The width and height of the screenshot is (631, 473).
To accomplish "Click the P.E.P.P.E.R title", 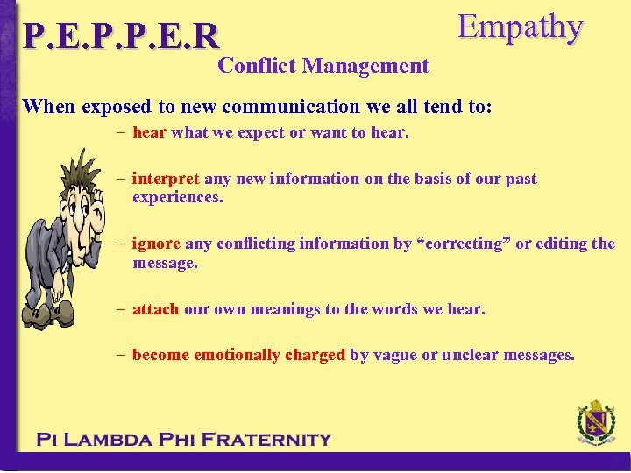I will coord(121,36).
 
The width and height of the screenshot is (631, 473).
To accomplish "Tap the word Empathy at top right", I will coord(520,27).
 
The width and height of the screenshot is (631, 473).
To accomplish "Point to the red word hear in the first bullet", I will coord(150,133).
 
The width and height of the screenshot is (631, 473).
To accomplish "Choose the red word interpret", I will coord(166,179).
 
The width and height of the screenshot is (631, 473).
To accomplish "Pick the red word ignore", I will coord(156,244).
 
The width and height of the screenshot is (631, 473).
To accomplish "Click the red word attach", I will coord(155,309).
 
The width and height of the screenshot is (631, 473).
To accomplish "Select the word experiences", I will coord(178,197).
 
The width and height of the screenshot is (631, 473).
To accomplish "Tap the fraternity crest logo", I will coord(596,424).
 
